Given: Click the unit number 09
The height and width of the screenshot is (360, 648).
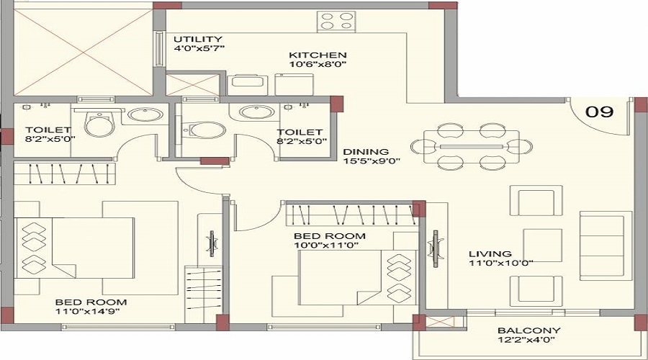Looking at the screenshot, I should (x=599, y=112).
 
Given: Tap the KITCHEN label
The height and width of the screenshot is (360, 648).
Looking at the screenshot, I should (x=318, y=55).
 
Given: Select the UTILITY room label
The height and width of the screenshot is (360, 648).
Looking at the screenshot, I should (x=197, y=39).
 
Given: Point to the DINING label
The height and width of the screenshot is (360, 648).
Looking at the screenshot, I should (x=366, y=152).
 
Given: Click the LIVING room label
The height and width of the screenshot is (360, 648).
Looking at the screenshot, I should (x=490, y=253).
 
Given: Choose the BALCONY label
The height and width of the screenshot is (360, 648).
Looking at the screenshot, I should (x=528, y=330).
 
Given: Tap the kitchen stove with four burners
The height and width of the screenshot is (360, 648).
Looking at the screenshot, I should (x=336, y=20).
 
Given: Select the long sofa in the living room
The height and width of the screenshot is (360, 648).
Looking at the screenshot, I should (x=605, y=246).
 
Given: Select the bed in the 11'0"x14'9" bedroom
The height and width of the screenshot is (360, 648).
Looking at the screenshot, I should (x=84, y=243).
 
